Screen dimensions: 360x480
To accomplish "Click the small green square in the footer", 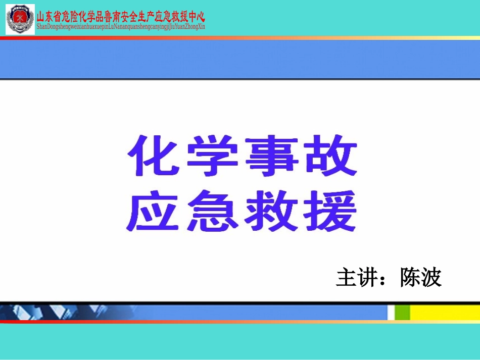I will pyautogui.click(x=402, y=312).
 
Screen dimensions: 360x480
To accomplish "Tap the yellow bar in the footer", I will pyautogui.click(x=445, y=312).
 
